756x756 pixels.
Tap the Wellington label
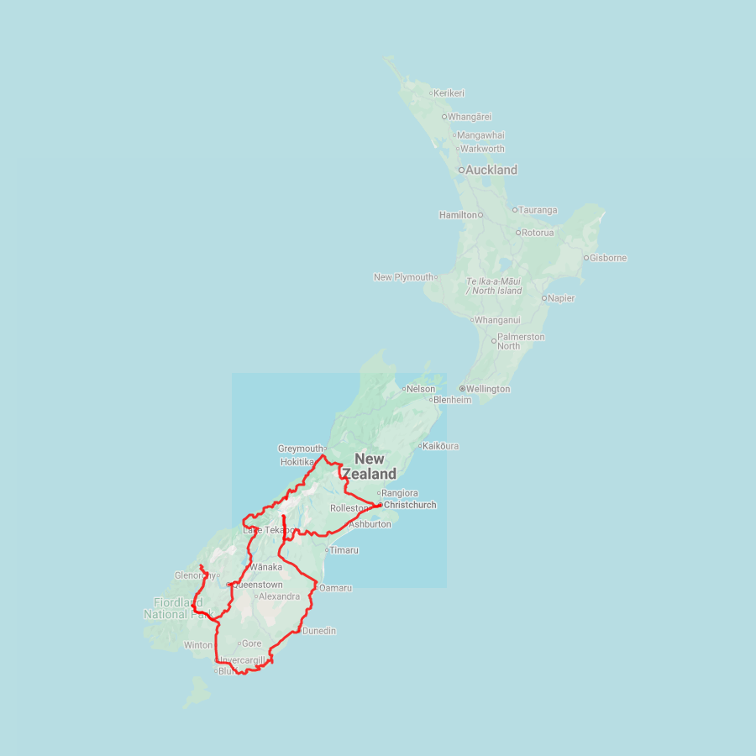pos(488,389)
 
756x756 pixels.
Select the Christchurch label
pos(410,505)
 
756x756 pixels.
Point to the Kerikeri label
pos(449,93)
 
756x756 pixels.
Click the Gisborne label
pos(608,258)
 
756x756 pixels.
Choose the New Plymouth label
pos(404,277)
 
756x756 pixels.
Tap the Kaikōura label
pos(442,446)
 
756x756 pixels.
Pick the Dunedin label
pos(319,631)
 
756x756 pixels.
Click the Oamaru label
pos(336,588)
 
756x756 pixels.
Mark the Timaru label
pos(344,550)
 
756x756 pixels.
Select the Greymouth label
pos(300,449)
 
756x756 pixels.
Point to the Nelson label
pos(421,389)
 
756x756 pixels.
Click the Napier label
pos(562,298)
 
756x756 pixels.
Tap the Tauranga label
pos(538,210)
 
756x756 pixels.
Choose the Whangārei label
pos(470,117)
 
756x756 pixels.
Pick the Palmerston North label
pos(521,341)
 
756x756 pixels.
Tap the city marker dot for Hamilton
pos(481,215)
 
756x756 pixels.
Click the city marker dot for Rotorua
pos(518,233)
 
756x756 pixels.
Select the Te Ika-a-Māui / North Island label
pos(494,286)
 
